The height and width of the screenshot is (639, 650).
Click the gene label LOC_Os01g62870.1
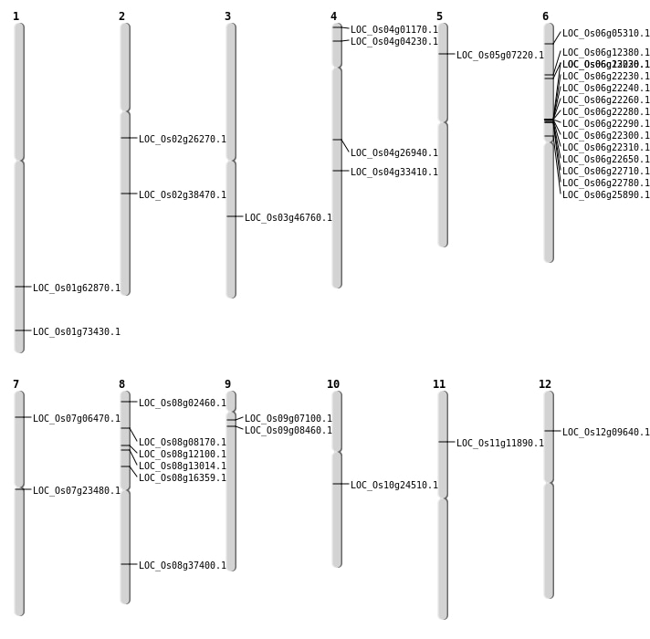point(77,288)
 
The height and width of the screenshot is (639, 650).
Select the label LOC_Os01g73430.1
point(77,332)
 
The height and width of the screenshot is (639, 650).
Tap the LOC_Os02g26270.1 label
point(183,140)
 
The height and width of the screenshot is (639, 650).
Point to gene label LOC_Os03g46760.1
point(288,218)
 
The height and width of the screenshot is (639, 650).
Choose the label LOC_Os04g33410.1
point(394,173)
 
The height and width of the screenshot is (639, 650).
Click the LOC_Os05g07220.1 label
point(500,56)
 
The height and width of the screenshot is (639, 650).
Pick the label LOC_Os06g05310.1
point(606,34)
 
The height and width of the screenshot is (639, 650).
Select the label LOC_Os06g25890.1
point(606,195)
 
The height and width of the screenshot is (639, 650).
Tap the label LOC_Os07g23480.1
point(77,491)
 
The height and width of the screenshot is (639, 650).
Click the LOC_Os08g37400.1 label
point(183,566)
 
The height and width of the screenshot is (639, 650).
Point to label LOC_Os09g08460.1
point(288,431)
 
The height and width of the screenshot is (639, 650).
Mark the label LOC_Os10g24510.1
point(394,486)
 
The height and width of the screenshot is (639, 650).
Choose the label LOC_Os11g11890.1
point(500,444)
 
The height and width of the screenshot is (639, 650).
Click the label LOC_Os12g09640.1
point(606,433)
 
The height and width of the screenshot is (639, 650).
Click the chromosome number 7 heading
point(16,384)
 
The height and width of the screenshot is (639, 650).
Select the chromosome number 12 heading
point(545,384)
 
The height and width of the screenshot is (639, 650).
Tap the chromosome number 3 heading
point(227,16)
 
